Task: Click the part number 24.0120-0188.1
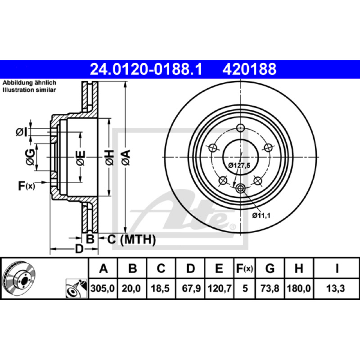146,69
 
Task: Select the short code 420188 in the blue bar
249,69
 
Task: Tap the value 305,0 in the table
103,288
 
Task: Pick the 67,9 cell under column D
191,288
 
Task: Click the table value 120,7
220,288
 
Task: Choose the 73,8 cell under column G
270,288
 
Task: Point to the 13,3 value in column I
336,288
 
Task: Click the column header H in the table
299,268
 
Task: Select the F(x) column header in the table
245,268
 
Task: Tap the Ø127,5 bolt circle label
239,165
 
